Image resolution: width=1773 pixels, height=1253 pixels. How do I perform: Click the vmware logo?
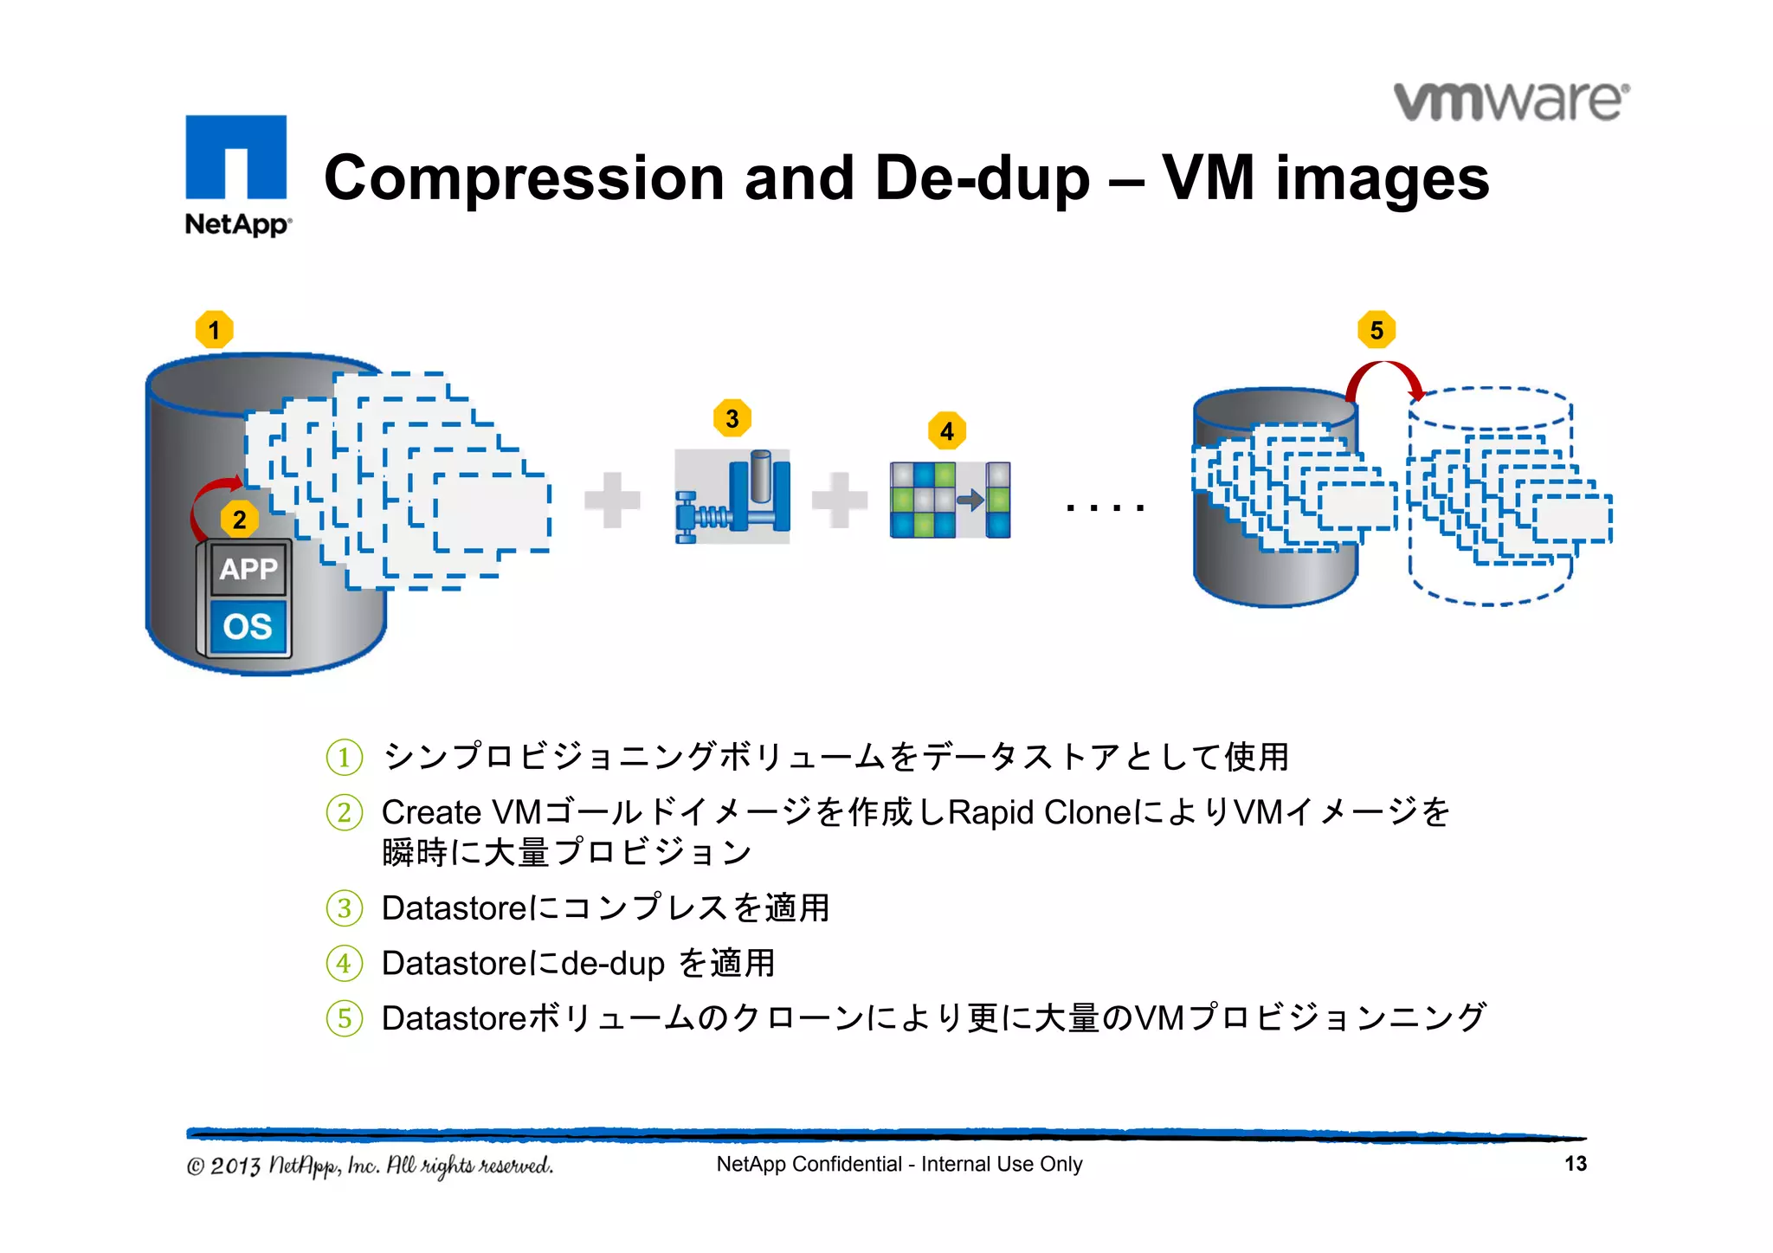[1512, 102]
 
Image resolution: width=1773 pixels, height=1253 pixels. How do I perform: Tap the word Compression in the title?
[523, 178]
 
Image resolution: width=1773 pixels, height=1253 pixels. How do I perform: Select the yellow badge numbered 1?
[215, 330]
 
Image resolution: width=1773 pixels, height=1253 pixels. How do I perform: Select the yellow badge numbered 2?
[240, 520]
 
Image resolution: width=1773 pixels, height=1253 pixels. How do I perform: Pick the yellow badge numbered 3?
[732, 419]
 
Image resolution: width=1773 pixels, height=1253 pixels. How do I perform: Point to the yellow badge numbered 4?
[947, 431]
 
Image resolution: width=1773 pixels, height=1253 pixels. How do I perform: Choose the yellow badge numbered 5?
[1376, 330]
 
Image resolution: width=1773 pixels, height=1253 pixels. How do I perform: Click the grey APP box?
[248, 569]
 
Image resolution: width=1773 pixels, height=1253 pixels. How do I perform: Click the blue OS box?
[248, 626]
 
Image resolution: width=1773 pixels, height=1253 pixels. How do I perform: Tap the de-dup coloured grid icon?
[950, 500]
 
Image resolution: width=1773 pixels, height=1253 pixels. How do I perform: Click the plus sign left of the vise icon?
[612, 500]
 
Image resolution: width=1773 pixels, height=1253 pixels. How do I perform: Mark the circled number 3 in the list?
[345, 908]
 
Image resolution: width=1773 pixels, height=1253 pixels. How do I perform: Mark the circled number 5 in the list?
[345, 1018]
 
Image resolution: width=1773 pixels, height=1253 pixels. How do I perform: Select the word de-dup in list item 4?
[613, 964]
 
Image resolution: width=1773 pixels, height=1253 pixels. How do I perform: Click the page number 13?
[1576, 1164]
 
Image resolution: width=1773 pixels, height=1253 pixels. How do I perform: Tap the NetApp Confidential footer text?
[899, 1164]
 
